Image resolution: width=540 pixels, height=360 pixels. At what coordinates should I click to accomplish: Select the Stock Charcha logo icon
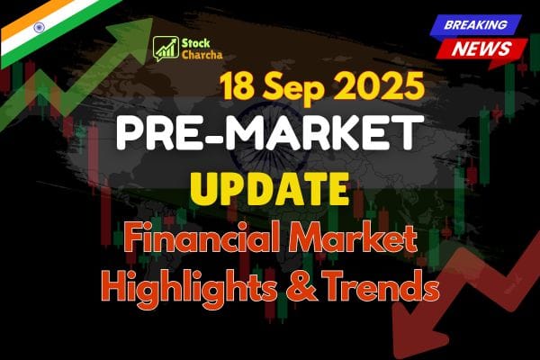164,49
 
